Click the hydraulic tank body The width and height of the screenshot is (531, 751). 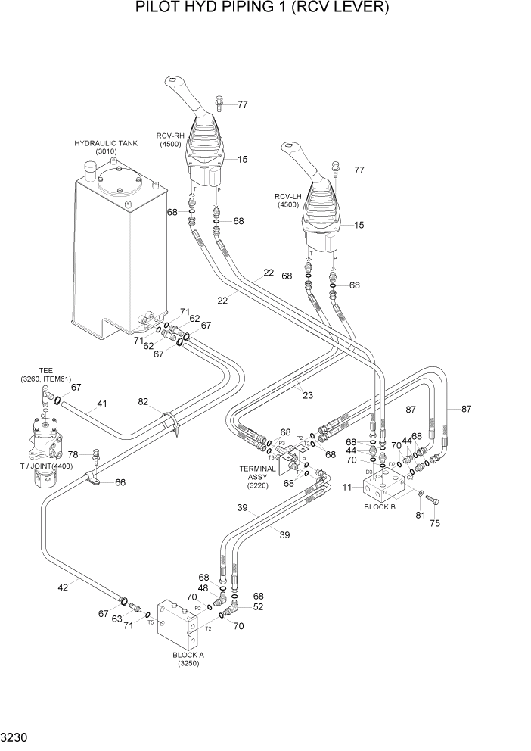(106, 250)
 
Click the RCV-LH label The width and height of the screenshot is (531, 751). (288, 200)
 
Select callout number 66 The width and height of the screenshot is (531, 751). (120, 481)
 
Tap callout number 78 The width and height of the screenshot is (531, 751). (73, 453)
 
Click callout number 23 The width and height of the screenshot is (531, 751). (308, 394)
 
